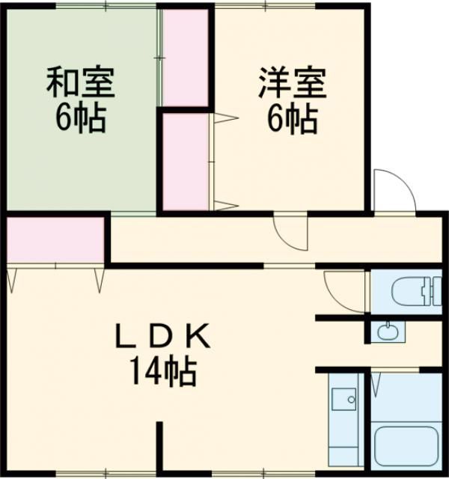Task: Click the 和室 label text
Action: point(80,83)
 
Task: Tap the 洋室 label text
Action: point(292,83)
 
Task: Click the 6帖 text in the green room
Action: point(80,118)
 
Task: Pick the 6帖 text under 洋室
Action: point(292,118)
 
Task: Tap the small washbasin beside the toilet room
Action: point(387,330)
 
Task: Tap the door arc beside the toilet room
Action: point(344,288)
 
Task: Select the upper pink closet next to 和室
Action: point(185,58)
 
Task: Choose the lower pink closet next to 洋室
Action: point(185,161)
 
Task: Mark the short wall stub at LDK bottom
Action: point(159,446)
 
